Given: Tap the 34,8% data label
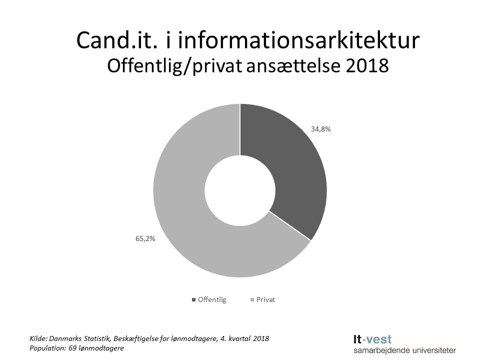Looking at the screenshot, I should point(321,128).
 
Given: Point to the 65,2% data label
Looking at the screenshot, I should point(145,238).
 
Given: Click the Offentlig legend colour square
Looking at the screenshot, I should point(193,300).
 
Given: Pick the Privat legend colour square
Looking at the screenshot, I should point(251,300).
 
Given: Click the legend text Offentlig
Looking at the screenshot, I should point(212,300).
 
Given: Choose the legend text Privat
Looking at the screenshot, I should point(265,300).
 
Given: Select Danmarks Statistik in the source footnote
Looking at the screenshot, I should point(79,338).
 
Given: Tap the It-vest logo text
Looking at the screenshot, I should point(372,338).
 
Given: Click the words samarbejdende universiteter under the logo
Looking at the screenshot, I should point(404,350).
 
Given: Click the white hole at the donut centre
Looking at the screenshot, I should point(240,190).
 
